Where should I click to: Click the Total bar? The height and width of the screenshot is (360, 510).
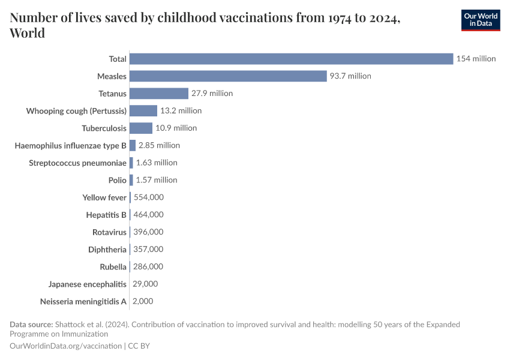(x=291, y=59)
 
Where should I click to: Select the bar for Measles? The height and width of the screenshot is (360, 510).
(x=227, y=76)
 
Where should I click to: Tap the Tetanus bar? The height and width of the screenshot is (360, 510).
(x=159, y=94)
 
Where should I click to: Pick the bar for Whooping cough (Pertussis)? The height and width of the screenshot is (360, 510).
(x=143, y=111)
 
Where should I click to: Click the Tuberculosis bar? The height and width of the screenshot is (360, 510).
(x=141, y=128)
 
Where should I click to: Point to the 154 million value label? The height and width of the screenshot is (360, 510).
(x=476, y=59)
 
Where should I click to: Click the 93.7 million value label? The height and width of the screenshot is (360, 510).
(x=350, y=76)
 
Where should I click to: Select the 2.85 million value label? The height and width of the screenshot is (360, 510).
(x=159, y=145)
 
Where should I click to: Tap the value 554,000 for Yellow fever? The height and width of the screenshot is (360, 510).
(x=148, y=197)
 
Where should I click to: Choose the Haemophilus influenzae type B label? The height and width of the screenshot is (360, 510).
(x=70, y=145)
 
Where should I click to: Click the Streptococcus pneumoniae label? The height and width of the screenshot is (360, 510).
(x=78, y=163)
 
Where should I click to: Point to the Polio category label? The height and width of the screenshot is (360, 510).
(x=118, y=180)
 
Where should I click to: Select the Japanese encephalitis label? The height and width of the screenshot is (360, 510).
(x=88, y=284)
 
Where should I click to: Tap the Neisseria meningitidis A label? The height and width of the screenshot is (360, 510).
(x=83, y=301)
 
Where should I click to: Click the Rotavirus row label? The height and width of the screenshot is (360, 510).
(x=109, y=232)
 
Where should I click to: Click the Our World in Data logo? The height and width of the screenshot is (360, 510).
(x=481, y=20)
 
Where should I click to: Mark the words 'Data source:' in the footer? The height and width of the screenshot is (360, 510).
(x=30, y=325)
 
